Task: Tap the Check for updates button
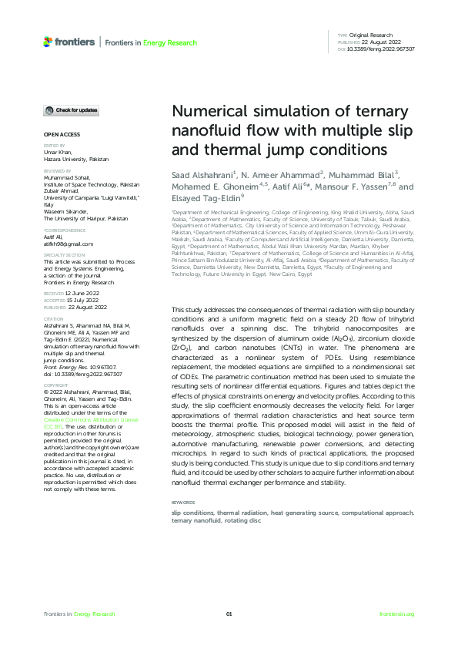71,110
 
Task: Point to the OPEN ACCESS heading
59,135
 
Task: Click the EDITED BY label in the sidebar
53,145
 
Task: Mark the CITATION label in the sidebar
53,318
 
